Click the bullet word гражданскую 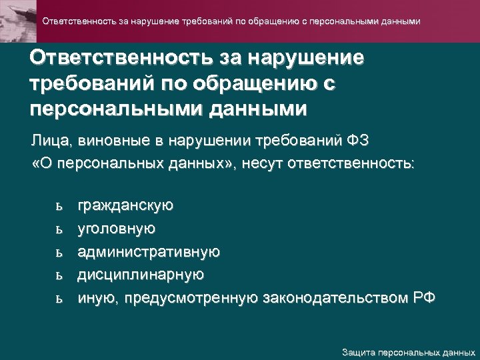[126, 207]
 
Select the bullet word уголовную [117, 229]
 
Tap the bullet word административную [149, 252]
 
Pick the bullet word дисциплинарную [141, 275]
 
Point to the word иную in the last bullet [95, 297]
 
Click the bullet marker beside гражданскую [59, 207]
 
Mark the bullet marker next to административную [59, 252]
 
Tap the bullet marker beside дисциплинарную [59, 275]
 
